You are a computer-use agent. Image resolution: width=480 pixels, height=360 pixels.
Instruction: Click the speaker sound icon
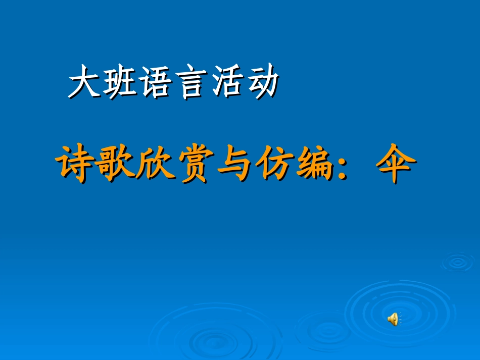(393, 319)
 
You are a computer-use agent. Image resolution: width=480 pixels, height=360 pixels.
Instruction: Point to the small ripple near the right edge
(458, 262)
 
